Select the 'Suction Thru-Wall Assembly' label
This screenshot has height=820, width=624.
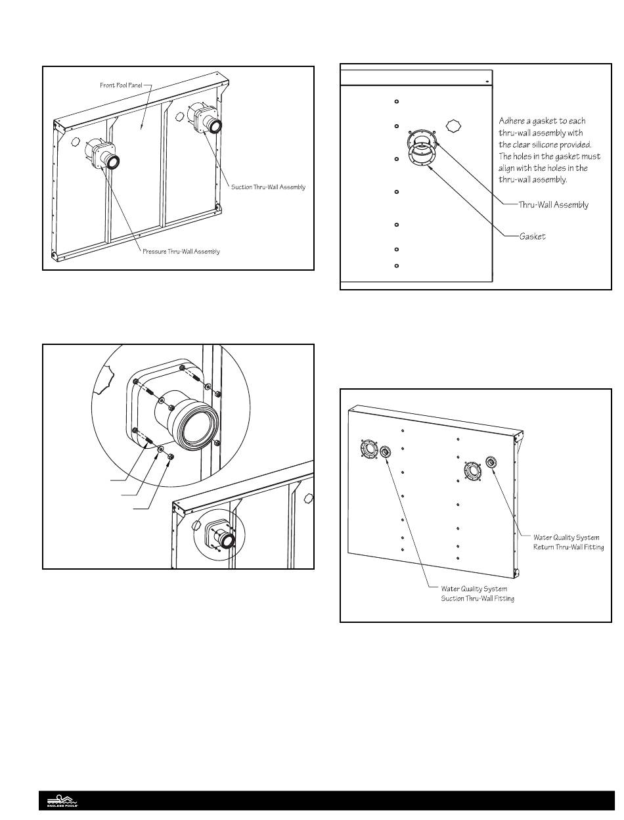coord(268,187)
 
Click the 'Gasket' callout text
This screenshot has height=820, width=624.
coord(532,237)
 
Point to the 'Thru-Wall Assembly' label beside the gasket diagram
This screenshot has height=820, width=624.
coord(553,204)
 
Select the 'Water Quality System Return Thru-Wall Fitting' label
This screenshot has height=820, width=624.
coord(568,542)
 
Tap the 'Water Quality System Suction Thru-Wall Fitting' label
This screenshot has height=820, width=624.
coord(474,593)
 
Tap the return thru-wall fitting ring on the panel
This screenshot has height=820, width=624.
coord(491,462)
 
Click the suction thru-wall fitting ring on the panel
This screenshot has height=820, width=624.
coord(384,451)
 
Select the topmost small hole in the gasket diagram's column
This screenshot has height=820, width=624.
coord(397,101)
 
